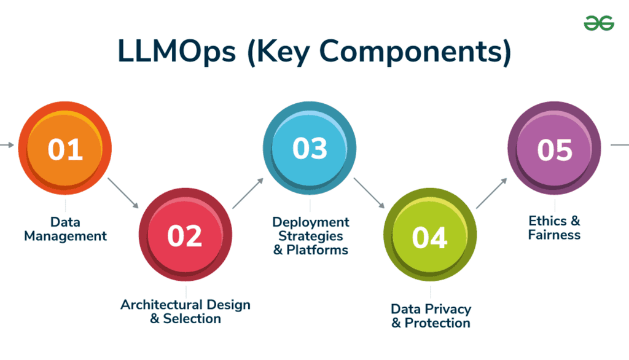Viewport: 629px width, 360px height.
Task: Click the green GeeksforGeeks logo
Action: [x=598, y=22]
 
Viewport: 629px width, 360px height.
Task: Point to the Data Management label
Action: [x=65, y=229]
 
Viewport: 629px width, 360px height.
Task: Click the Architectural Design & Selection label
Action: [x=185, y=311]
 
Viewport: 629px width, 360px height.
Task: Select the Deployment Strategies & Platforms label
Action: [x=310, y=236]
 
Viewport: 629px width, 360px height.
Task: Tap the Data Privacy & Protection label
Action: [x=431, y=316]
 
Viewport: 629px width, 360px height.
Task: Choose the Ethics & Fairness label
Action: [x=554, y=227]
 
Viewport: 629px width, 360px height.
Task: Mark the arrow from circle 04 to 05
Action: [x=492, y=193]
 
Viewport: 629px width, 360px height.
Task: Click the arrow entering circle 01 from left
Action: [x=7, y=145]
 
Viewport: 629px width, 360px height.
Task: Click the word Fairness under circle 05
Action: [x=554, y=235]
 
